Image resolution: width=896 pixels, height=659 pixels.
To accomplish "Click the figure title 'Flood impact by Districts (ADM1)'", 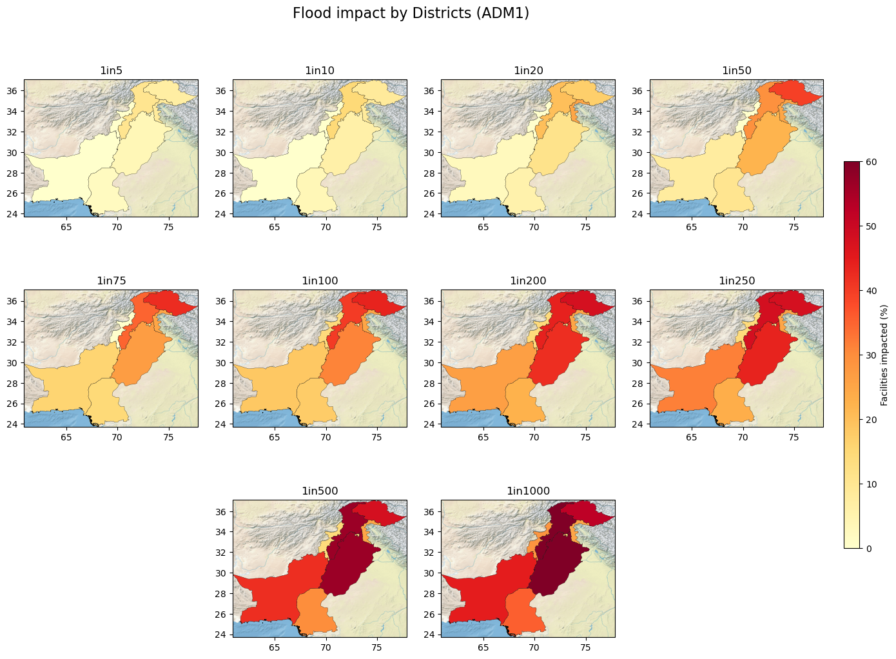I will point(411,14).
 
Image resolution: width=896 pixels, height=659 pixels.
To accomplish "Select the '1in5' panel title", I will point(111,71).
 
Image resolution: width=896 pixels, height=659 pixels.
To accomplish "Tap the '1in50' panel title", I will point(736,71).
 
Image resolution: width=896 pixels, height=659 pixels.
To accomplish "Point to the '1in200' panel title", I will point(528,281).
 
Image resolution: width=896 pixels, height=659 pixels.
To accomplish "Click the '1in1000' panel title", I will point(528,491).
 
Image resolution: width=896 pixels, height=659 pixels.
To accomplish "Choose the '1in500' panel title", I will point(320,491).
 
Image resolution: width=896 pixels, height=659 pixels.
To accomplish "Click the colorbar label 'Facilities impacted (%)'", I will point(884,355).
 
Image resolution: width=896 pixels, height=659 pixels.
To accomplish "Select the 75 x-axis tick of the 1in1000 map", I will point(585,647).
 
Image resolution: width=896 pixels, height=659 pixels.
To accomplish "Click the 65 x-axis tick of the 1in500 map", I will point(275,647).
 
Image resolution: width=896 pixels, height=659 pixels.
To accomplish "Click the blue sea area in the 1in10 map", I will point(258,209).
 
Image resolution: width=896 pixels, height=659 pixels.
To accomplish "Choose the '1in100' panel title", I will point(320,281).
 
